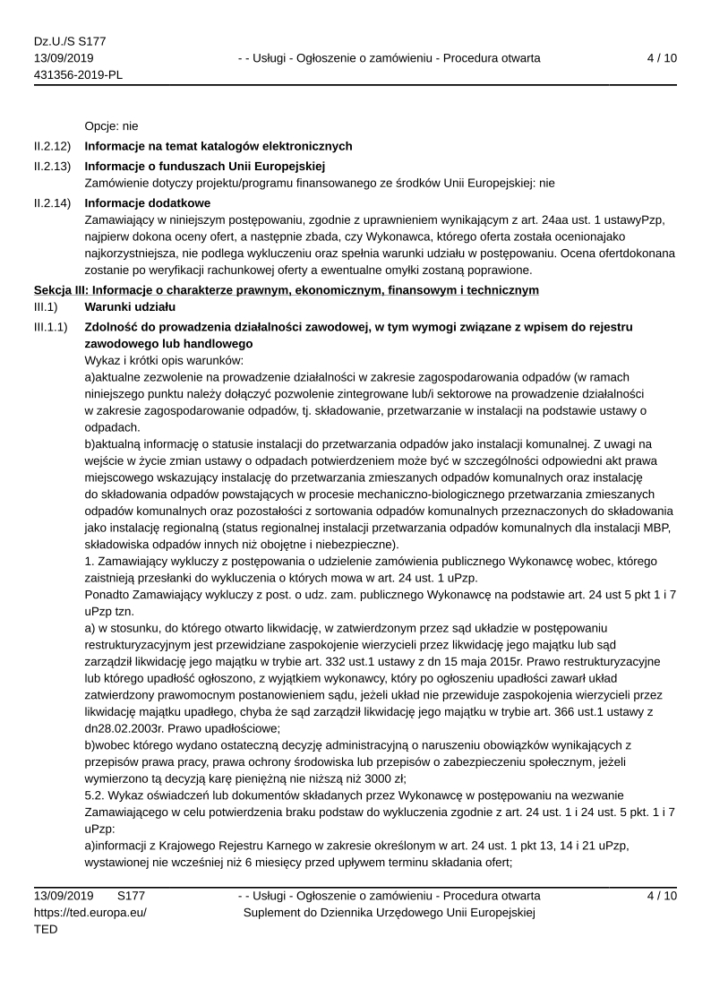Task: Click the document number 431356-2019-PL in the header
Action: pos(78,74)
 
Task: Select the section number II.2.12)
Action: pos(52,146)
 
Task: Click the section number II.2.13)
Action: pos(52,166)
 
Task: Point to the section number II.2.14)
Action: pos(52,203)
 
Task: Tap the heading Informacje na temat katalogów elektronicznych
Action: pos(218,146)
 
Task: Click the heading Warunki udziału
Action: pos(130,307)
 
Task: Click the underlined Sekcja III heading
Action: pos(287,289)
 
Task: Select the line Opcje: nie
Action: pos(111,126)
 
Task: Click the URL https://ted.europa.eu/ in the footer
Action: pos(90,913)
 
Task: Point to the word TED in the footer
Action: pos(46,930)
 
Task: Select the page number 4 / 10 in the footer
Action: pos(661,896)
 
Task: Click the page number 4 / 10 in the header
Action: pos(661,58)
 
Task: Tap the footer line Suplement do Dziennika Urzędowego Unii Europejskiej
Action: pos(389,913)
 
